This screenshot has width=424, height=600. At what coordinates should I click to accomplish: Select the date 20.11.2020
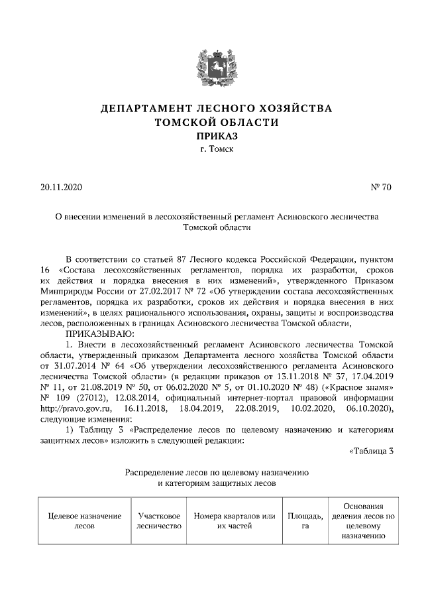[60, 188]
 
